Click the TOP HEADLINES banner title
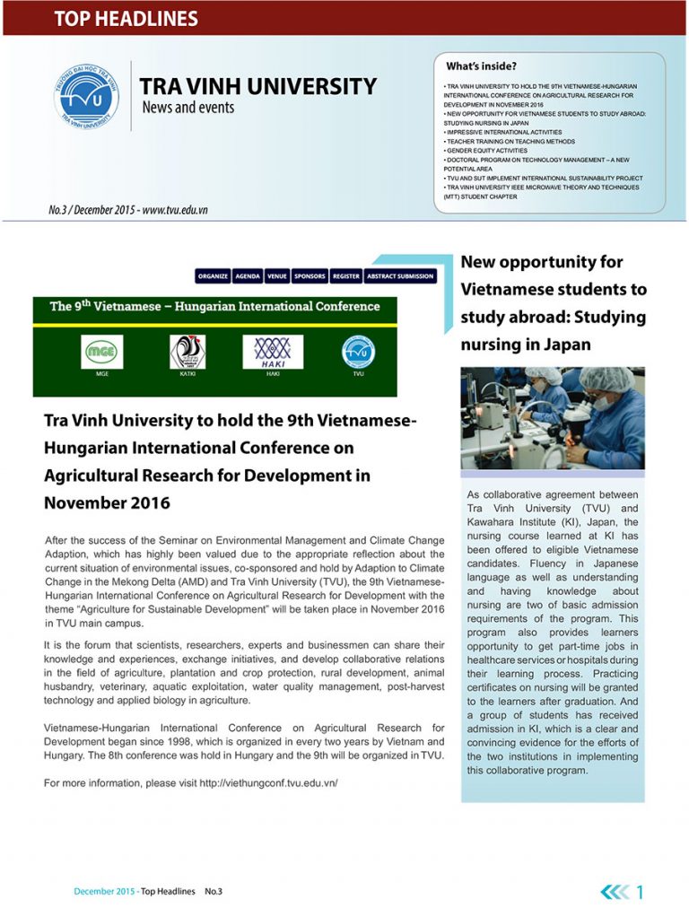coord(126,18)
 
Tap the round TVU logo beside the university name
coord(86,95)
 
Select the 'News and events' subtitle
coord(188,108)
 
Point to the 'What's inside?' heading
coord(481,65)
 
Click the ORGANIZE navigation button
coord(213,276)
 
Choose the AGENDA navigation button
coord(249,276)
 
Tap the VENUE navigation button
coord(277,276)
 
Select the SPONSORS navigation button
coord(310,276)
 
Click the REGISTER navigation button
coord(345,276)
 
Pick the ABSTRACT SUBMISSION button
coord(400,276)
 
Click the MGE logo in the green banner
coord(101,352)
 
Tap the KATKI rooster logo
coord(188,352)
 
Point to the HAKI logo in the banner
coord(273,352)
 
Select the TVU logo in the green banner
coord(358,352)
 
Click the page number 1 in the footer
coord(640,892)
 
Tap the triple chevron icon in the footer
coord(615,892)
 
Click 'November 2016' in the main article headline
coord(107,502)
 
